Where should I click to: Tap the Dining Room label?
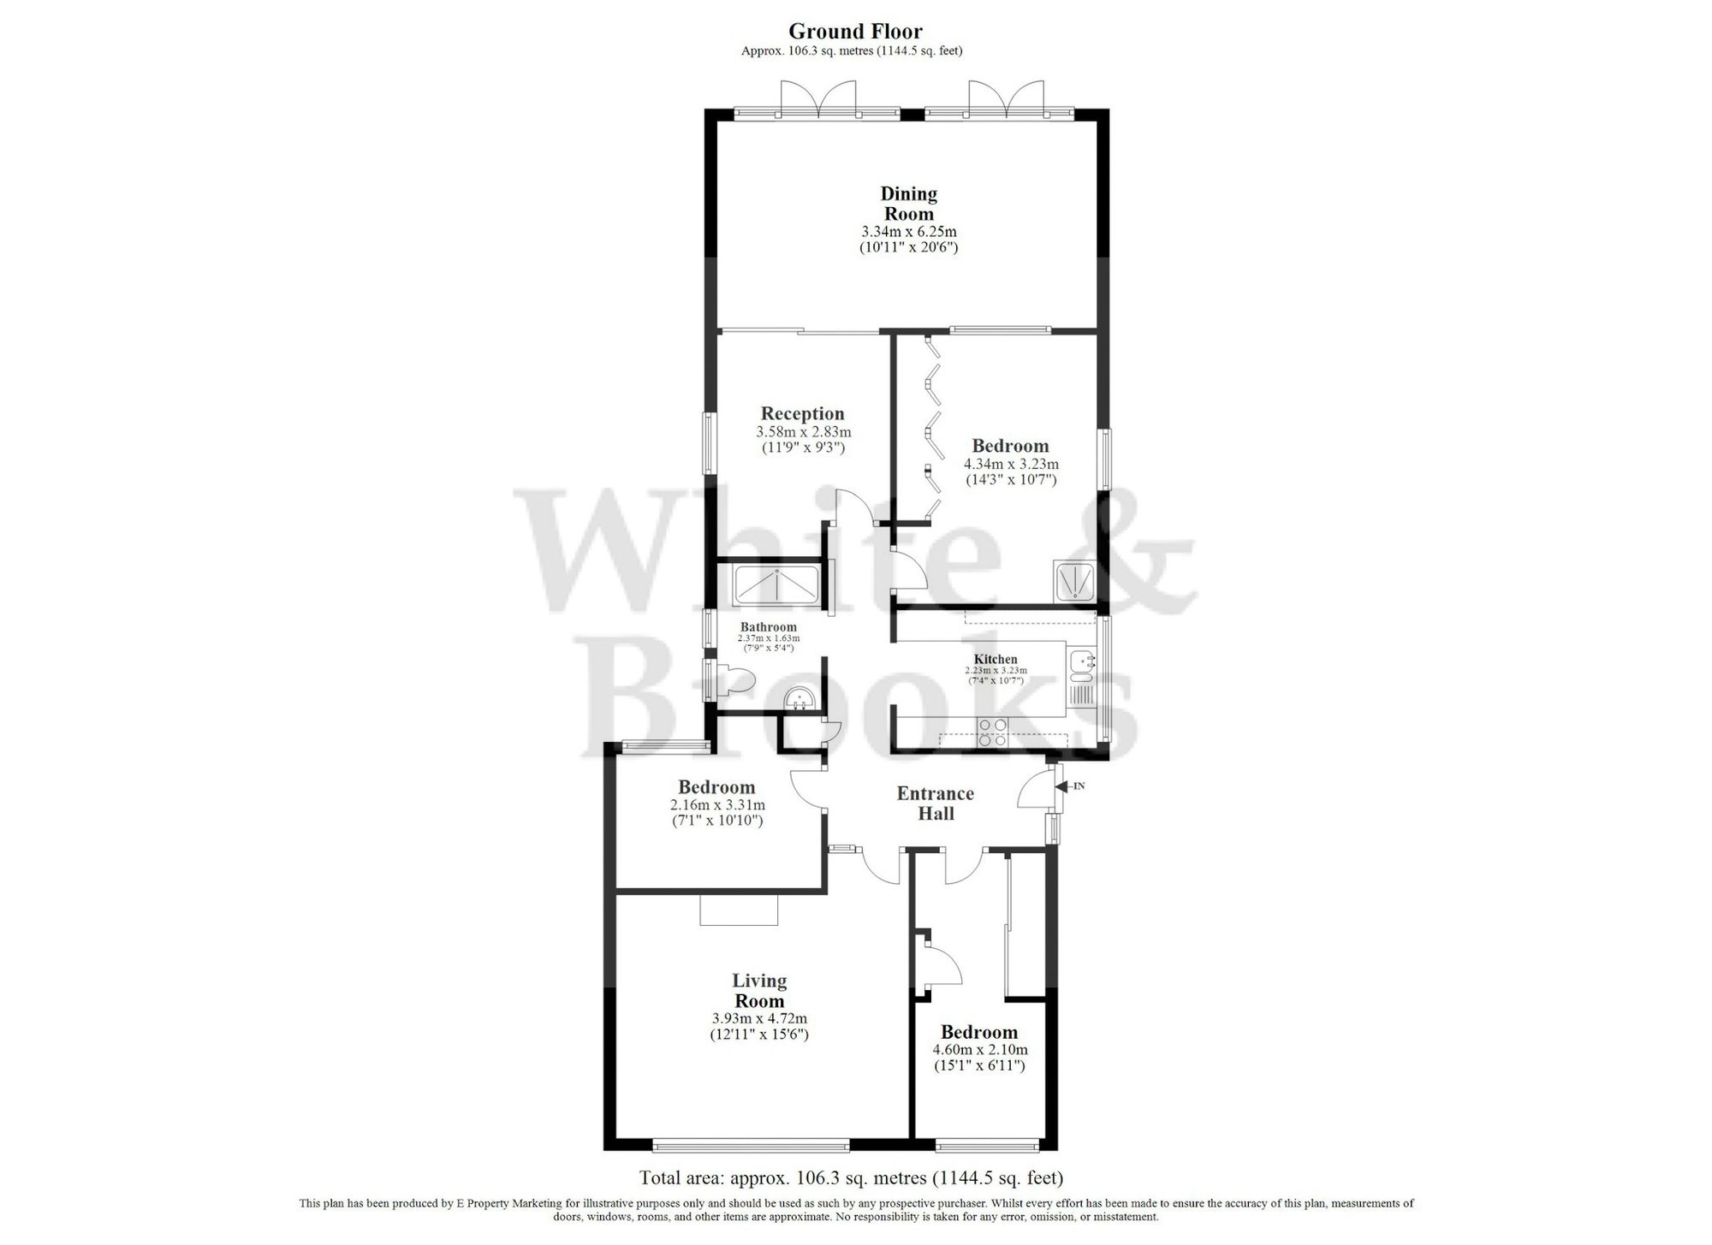[908, 204]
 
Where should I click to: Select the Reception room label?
[802, 414]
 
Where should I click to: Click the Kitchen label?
[996, 659]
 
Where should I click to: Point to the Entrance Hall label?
[935, 803]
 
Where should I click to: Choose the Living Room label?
[759, 991]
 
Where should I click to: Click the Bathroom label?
[768, 627]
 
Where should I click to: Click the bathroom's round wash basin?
[801, 700]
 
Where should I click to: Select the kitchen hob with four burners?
[993, 733]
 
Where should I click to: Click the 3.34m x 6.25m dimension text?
[908, 232]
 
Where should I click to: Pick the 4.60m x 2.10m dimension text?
[979, 1050]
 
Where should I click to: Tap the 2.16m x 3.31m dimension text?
[717, 805]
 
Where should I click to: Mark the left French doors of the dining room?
[220, 101]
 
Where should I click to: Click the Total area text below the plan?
[851, 1177]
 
